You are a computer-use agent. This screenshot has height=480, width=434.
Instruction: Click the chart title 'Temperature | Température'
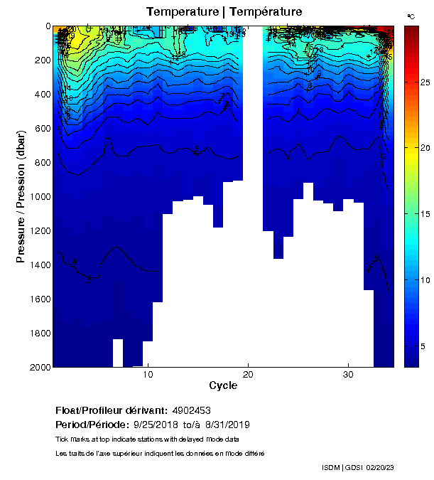(x=224, y=12)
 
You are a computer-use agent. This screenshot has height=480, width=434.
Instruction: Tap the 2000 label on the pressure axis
(x=41, y=367)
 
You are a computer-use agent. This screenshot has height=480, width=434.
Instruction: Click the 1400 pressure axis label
(x=41, y=265)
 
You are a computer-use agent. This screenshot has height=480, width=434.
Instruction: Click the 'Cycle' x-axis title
(x=223, y=386)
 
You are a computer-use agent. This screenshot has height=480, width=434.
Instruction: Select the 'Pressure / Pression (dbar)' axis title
(x=21, y=196)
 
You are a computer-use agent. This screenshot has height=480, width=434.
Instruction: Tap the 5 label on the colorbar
(x=423, y=346)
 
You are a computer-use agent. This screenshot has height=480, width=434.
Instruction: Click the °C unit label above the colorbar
(x=411, y=16)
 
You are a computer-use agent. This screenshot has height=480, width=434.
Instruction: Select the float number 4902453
(x=191, y=411)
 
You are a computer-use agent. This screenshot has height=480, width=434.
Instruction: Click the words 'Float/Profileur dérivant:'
(x=112, y=411)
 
